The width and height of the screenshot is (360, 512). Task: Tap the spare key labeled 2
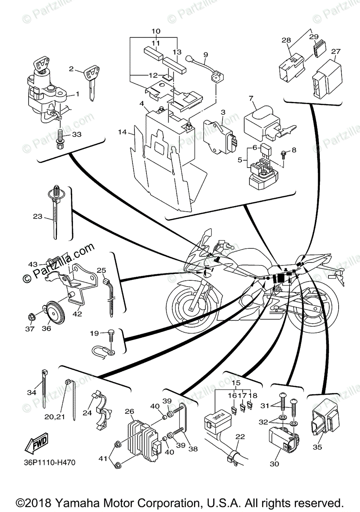point(91,80)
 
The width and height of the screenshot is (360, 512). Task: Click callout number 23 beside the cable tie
point(38,217)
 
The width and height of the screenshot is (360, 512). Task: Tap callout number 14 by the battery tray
point(123,133)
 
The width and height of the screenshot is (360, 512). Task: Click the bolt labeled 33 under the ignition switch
point(60,138)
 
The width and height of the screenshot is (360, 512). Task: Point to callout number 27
point(336,52)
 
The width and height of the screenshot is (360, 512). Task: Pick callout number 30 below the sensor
point(275,464)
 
